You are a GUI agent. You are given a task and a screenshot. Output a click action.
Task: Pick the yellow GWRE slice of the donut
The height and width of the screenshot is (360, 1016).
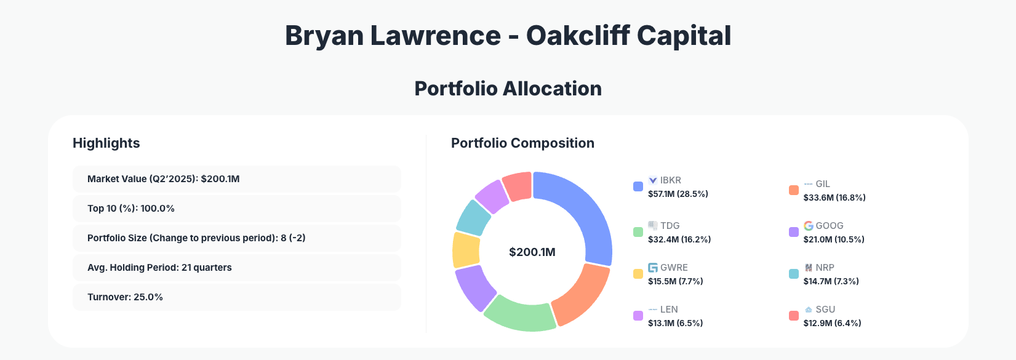(x=465, y=250)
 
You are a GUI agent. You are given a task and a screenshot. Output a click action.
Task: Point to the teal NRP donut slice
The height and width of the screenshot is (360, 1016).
(x=473, y=217)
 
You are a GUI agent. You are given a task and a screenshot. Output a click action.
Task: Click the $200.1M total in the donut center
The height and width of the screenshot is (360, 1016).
(x=532, y=252)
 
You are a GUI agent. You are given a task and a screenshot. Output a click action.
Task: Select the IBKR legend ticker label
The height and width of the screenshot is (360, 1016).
(x=670, y=180)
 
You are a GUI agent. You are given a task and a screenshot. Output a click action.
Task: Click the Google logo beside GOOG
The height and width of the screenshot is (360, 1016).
(x=809, y=226)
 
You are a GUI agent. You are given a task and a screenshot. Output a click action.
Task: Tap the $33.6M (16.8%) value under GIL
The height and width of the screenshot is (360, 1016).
(x=834, y=198)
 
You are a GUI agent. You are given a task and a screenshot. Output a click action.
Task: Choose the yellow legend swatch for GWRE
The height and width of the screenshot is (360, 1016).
(x=638, y=274)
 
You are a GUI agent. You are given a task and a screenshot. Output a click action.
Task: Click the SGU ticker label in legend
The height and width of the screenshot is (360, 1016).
(x=825, y=310)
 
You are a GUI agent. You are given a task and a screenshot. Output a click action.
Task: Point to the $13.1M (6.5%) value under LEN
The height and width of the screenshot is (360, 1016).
(x=675, y=323)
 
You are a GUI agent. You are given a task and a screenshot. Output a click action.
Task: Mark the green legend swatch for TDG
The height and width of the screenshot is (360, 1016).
(x=638, y=232)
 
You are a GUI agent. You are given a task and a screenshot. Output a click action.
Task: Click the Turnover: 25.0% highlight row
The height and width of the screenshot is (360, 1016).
(x=236, y=297)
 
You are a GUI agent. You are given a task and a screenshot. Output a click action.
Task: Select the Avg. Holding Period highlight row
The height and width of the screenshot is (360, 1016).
(x=236, y=268)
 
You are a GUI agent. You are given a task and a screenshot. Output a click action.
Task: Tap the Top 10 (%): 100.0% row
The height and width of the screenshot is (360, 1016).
(x=236, y=209)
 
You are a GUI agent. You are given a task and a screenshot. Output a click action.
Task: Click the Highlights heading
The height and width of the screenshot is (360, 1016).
(x=106, y=143)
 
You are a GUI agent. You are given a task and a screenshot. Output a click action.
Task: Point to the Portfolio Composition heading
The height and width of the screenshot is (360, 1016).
(x=522, y=143)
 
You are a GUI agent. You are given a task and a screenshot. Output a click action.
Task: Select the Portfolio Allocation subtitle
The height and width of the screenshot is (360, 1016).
(x=508, y=89)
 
